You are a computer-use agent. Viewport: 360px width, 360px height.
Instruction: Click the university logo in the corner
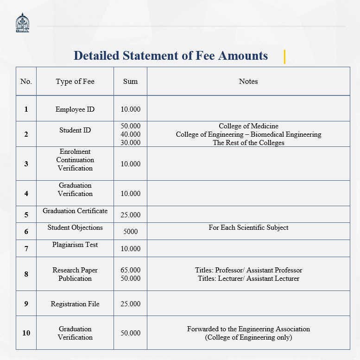pyautogui.click(x=22, y=23)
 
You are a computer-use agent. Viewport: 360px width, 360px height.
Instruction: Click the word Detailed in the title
pyautogui.click(x=96, y=56)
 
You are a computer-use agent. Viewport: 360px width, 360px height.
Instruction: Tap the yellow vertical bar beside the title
pyautogui.click(x=284, y=57)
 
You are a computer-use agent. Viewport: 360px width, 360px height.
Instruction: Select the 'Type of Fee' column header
pyautogui.click(x=75, y=82)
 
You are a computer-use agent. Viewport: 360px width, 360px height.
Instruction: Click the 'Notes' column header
pyautogui.click(x=248, y=82)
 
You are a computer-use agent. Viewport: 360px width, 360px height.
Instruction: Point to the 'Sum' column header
pyautogui.click(x=130, y=82)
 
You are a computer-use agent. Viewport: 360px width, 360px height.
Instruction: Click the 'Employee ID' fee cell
pyautogui.click(x=75, y=109)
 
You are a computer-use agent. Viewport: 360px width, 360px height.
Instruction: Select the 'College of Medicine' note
pyautogui.click(x=248, y=126)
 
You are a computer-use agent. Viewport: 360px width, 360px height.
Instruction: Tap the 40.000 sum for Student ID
pyautogui.click(x=130, y=134)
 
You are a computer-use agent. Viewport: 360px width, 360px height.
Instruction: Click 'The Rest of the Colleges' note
pyautogui.click(x=248, y=143)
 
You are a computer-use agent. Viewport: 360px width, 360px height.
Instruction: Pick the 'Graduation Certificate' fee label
pyautogui.click(x=75, y=211)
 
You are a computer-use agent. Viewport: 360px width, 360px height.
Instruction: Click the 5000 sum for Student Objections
pyautogui.click(x=130, y=232)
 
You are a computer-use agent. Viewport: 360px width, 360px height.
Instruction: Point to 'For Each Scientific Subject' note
pyautogui.click(x=248, y=227)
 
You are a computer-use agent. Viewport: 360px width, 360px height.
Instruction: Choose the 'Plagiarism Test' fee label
pyautogui.click(x=75, y=245)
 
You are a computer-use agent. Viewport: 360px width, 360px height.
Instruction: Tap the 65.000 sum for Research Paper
pyautogui.click(x=130, y=270)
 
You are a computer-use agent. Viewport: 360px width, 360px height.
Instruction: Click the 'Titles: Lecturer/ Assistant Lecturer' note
pyautogui.click(x=248, y=278)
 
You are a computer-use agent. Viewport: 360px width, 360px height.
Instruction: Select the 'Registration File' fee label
pyautogui.click(x=75, y=304)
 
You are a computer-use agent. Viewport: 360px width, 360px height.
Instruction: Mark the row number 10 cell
pyautogui.click(x=26, y=333)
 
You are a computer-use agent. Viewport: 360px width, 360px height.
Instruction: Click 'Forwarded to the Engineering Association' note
pyautogui.click(x=248, y=329)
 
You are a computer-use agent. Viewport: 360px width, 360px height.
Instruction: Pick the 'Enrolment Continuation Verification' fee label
pyautogui.click(x=75, y=160)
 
